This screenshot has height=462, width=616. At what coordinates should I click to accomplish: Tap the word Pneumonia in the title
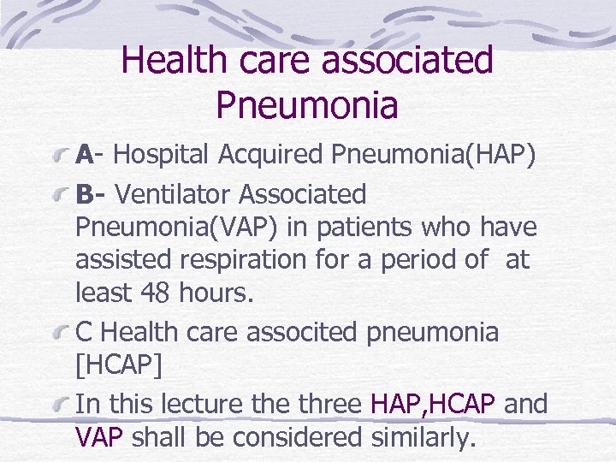coord(307,105)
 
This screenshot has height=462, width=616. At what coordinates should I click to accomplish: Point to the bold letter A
coord(84,155)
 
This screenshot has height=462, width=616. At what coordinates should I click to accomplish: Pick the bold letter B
coord(84,194)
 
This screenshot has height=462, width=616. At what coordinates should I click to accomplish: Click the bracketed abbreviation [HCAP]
coord(118,365)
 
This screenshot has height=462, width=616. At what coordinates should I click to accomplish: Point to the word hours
coord(216,293)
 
